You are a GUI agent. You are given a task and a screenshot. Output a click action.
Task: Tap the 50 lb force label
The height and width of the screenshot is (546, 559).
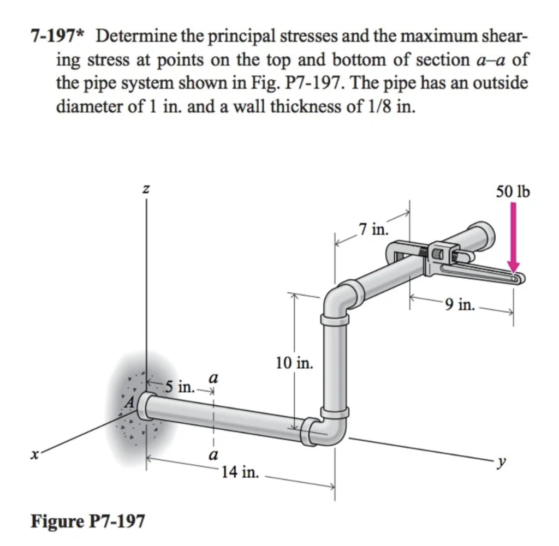(x=513, y=191)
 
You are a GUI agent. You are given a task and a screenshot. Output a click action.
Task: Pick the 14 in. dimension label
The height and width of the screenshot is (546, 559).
(x=241, y=471)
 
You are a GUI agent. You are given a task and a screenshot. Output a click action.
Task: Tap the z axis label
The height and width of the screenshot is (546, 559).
(x=146, y=189)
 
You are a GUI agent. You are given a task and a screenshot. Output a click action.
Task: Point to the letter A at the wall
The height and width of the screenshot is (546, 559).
(x=129, y=404)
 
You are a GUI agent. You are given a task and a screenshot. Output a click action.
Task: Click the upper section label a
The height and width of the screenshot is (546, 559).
(x=213, y=377)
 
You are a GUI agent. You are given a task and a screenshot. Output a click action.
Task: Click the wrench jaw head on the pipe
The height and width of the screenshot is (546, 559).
(x=442, y=253)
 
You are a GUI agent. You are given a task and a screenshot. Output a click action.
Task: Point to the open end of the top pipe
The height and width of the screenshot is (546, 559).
(x=483, y=233)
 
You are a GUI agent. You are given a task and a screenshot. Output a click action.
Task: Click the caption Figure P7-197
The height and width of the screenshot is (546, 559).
(x=88, y=521)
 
